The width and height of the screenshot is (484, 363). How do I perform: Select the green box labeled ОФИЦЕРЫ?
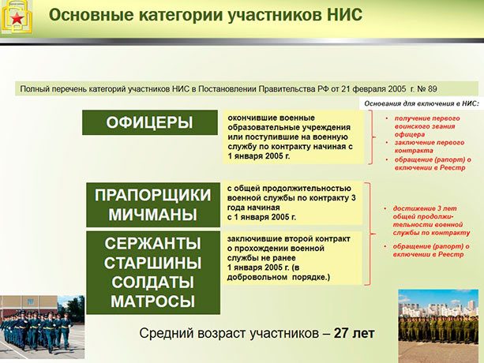149,122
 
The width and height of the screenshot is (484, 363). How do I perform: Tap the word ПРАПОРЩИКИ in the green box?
152,195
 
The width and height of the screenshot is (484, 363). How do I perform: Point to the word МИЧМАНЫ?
152,214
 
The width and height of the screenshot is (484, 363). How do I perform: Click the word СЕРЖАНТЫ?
152,243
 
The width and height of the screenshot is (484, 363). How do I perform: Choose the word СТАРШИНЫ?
152,263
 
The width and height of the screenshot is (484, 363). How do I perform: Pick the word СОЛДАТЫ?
152,282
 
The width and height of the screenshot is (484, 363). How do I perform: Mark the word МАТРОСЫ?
152,301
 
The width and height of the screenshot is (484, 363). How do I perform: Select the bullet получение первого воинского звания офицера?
431,125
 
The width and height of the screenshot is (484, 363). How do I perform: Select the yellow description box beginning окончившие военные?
291,137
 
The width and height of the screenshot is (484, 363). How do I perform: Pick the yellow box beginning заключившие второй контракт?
291,257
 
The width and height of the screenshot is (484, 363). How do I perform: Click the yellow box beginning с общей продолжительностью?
291,202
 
